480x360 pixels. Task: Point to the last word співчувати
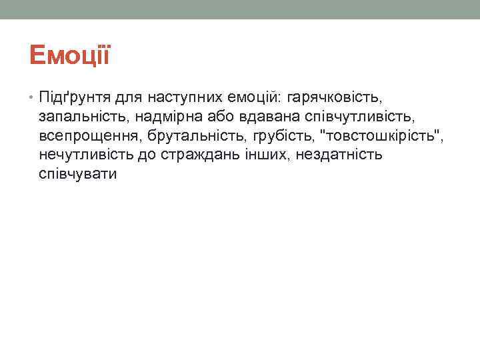point(77,175)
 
